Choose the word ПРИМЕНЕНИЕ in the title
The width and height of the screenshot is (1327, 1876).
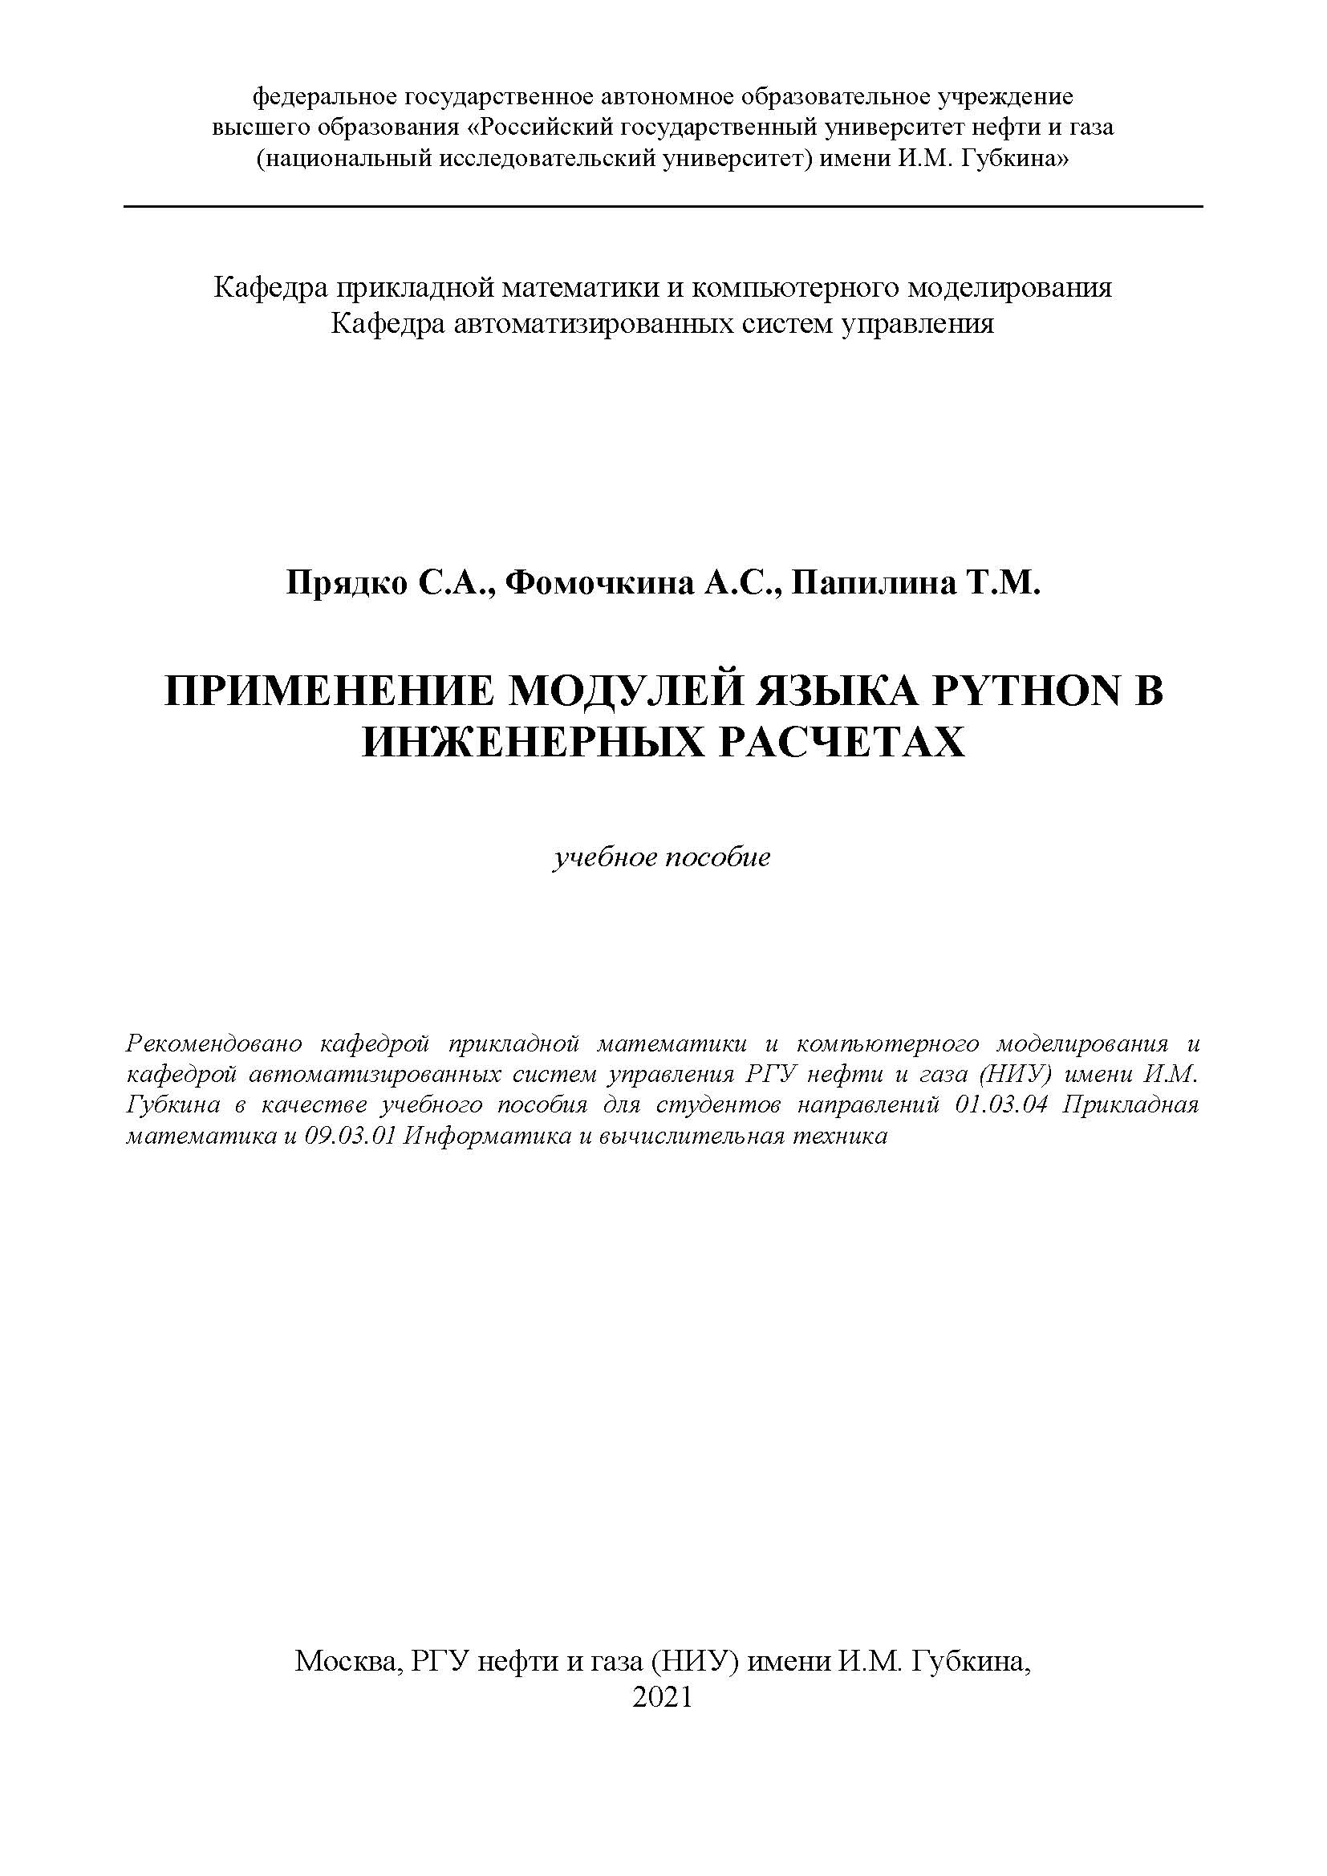tap(330, 692)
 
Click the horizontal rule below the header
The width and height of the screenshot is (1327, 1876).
tap(663, 207)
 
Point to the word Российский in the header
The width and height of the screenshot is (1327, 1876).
tap(545, 128)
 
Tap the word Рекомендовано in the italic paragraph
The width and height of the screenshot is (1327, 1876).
tap(215, 1043)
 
